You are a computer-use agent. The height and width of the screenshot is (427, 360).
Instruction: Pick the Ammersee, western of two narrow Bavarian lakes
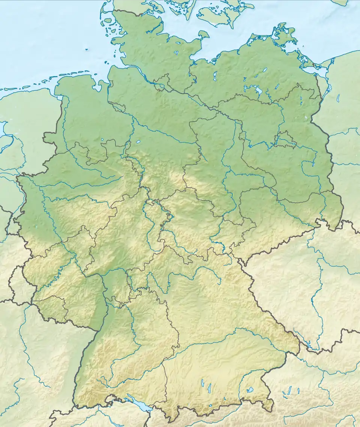pyautogui.click(x=202, y=383)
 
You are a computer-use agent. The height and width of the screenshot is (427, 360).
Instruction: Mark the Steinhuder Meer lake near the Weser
pyautogui.click(x=138, y=142)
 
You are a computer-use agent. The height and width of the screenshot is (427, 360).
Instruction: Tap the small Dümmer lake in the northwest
pyautogui.click(x=103, y=140)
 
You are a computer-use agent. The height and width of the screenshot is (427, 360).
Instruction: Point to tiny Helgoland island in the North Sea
pyautogui.click(x=87, y=49)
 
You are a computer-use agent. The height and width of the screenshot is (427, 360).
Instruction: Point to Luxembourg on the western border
pyautogui.click(x=19, y=280)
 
